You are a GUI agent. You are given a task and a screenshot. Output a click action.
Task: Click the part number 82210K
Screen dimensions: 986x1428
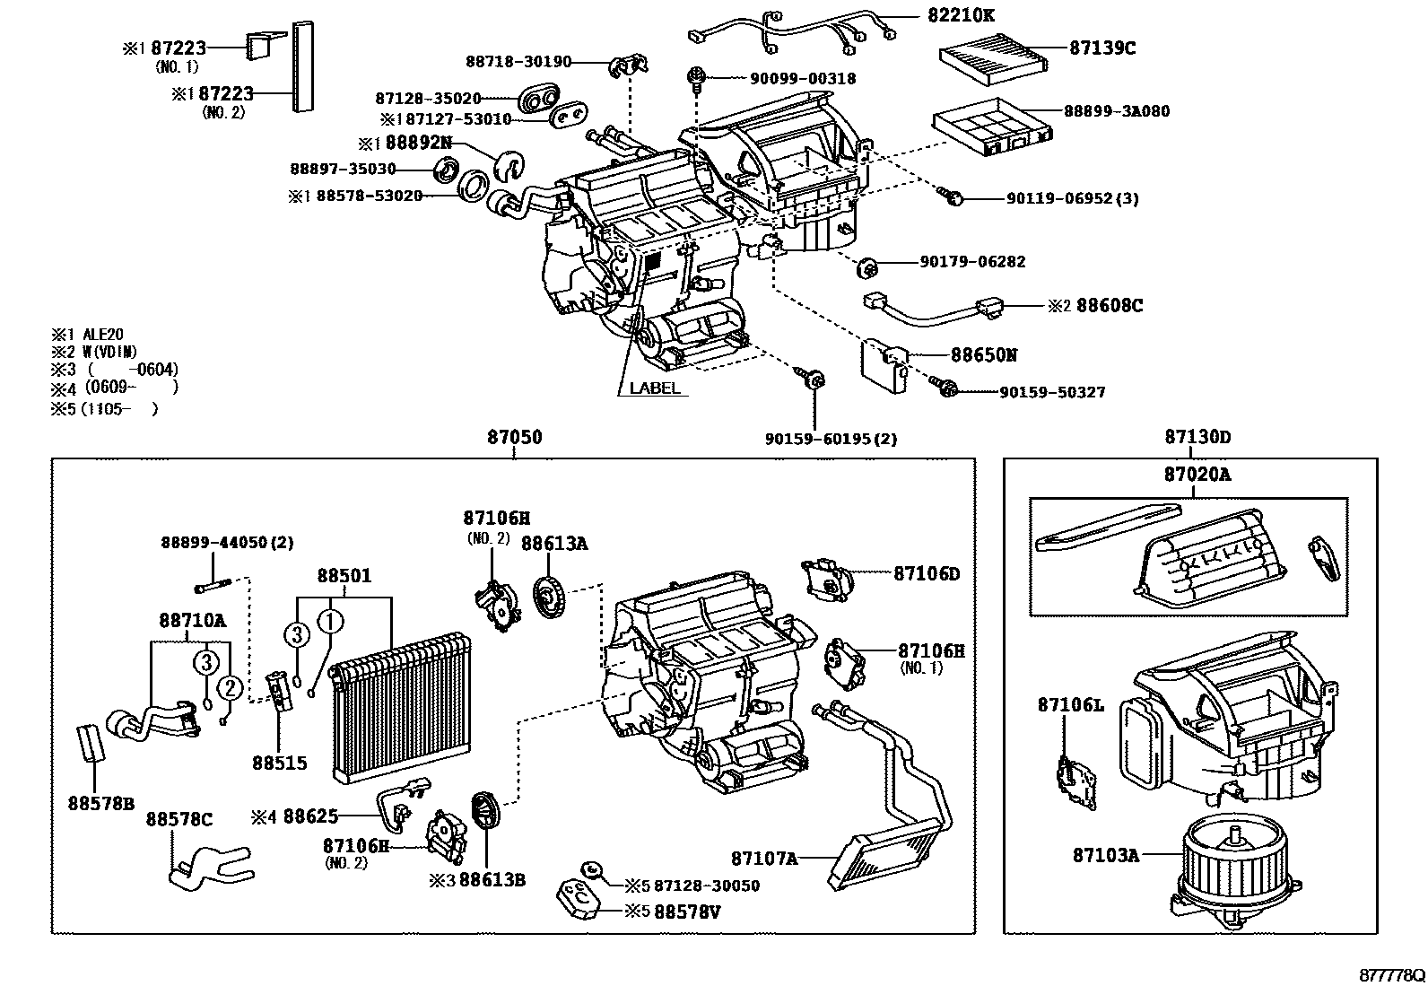961,15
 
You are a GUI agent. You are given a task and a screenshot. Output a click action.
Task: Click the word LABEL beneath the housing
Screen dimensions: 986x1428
654,388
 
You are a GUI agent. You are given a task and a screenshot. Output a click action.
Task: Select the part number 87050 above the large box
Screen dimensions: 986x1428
514,438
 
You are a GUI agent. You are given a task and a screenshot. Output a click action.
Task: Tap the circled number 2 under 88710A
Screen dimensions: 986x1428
230,688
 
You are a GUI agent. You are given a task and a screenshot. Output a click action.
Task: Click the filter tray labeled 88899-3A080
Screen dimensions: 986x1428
991,124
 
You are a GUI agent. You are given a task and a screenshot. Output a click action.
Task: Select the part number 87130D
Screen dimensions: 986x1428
1197,438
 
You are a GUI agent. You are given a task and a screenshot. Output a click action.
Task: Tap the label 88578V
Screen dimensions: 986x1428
687,911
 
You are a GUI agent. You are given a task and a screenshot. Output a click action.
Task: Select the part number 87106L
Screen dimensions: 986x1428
1070,705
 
